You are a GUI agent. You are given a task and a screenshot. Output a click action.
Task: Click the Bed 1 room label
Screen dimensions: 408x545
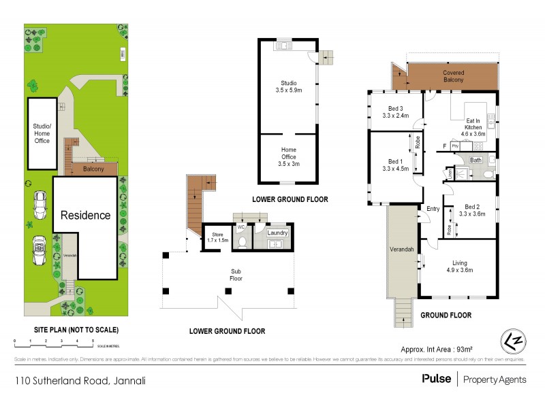point(395,165)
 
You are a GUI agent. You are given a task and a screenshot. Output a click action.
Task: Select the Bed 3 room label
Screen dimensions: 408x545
point(396,112)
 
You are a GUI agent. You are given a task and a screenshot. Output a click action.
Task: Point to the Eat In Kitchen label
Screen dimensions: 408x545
point(473,126)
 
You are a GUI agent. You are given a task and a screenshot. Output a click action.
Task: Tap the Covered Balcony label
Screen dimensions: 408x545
point(453,76)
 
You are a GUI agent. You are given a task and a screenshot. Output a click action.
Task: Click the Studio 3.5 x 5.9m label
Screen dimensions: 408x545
point(288,86)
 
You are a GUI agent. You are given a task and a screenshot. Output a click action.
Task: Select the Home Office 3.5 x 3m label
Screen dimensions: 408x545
point(288,156)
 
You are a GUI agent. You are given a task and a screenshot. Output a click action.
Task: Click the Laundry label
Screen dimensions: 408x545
point(277,233)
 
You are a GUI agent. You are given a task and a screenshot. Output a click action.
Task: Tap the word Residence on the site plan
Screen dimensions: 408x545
point(86,216)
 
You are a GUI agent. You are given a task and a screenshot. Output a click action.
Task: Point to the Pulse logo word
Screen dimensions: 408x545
point(435,379)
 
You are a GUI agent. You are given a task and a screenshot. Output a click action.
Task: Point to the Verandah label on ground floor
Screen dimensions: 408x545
point(401,250)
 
